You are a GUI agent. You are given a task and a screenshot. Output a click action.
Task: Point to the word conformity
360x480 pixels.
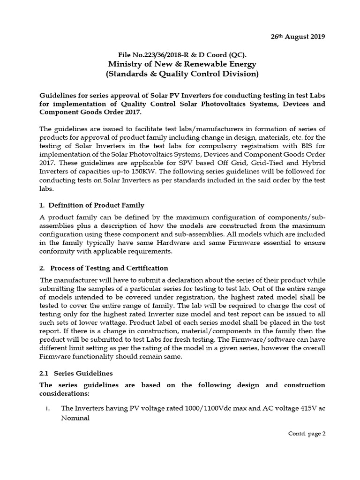[55, 251]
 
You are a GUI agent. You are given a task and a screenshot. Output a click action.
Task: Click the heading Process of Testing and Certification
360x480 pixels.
[109, 268]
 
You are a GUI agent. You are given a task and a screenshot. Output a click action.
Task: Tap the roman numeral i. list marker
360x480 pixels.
[48, 409]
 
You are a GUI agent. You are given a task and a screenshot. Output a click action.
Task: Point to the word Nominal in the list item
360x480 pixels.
[75, 418]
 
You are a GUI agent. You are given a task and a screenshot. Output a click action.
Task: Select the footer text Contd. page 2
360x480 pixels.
[307, 434]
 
